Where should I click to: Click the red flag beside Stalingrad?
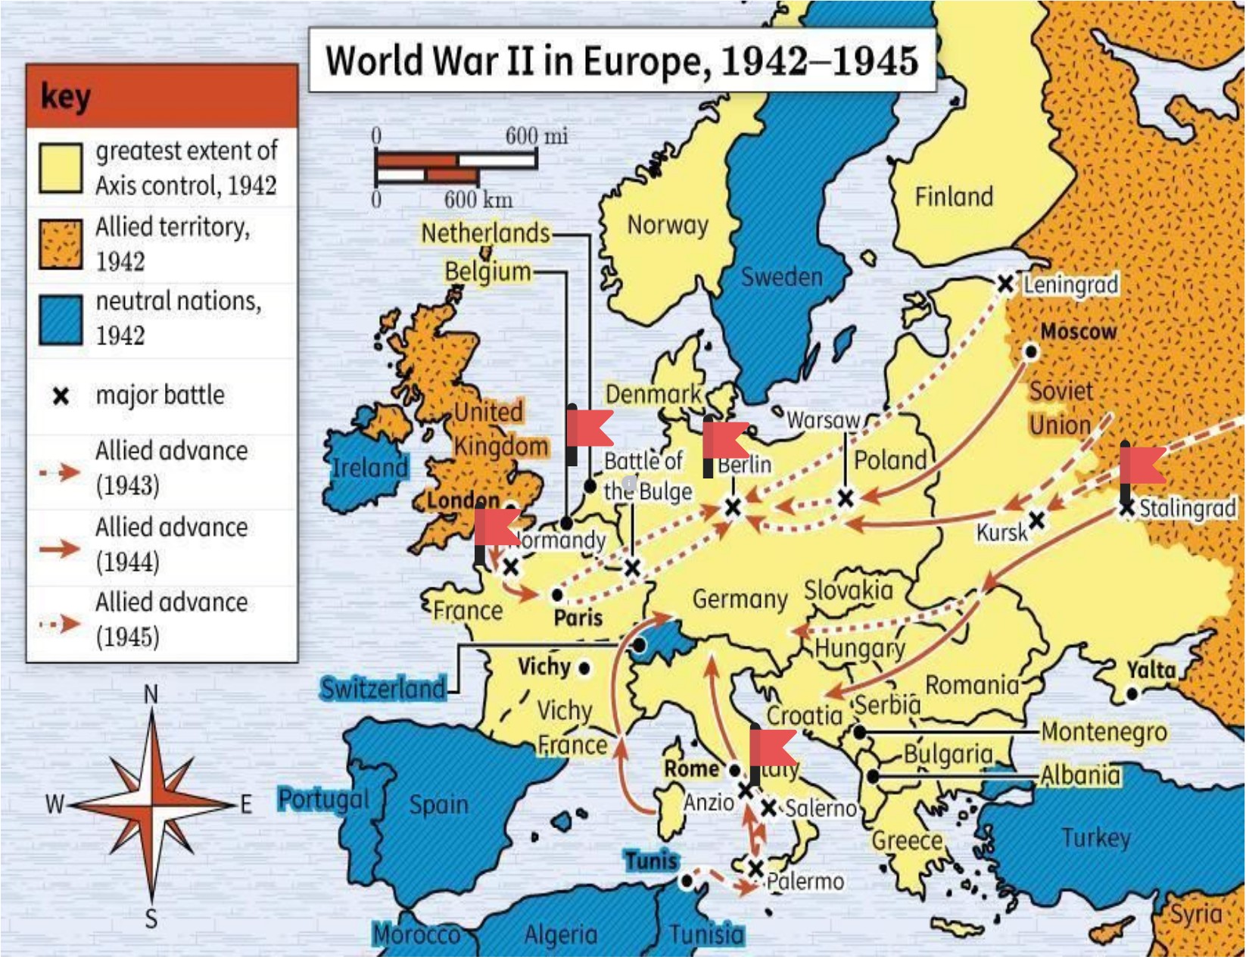click(1143, 466)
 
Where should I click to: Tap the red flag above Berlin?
click(726, 441)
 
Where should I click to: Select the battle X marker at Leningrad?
click(1005, 284)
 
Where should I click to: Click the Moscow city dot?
click(1031, 352)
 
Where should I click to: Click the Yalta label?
click(1151, 670)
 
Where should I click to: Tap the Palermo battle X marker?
click(755, 868)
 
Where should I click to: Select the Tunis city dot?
click(686, 881)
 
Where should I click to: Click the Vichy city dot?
click(584, 668)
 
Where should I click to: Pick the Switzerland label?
click(382, 689)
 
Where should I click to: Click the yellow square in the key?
click(61, 168)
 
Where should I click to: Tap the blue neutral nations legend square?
click(61, 319)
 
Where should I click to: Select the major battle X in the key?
click(61, 396)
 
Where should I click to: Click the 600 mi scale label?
click(536, 136)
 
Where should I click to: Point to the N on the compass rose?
click(151, 693)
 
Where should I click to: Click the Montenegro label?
click(1104, 732)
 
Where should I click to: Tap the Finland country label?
click(954, 197)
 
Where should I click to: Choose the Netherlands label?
click(485, 233)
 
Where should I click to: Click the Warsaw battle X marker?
click(846, 498)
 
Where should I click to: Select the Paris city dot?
click(558, 595)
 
